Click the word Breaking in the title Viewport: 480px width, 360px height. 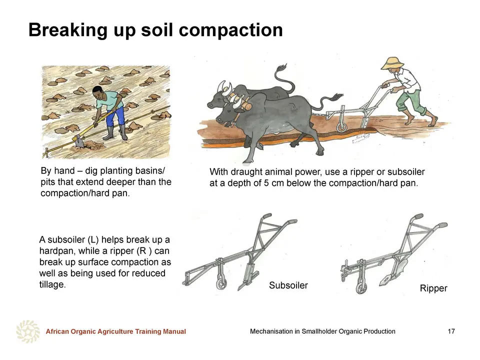[68, 30]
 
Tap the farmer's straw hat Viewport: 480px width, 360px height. [392, 63]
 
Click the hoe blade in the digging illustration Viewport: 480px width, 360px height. [78, 141]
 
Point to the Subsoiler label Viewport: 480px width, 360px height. [288, 285]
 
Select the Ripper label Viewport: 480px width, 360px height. [433, 288]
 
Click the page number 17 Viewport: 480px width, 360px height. [451, 331]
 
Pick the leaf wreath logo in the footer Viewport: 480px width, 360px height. [28, 331]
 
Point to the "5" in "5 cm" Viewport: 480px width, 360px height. [266, 183]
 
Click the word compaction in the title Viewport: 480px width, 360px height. [231, 30]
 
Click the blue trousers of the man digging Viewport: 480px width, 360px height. [115, 116]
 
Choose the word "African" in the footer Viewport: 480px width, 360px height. [57, 331]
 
